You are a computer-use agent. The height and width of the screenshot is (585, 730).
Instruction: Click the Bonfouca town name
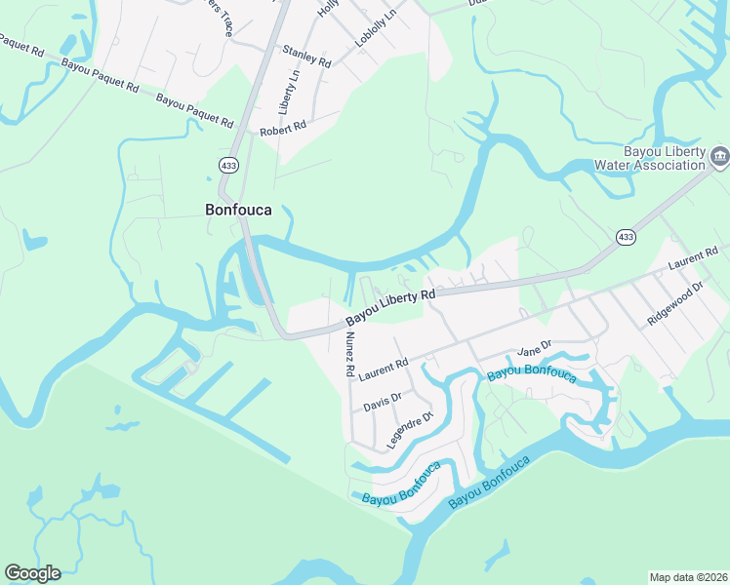[244, 209]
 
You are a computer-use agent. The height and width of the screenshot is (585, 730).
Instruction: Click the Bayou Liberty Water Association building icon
[719, 155]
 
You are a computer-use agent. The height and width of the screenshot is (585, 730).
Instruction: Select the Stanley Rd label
[306, 56]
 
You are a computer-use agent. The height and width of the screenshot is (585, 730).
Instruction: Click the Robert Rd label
[283, 127]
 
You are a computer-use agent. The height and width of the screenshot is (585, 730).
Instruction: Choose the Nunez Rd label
[346, 350]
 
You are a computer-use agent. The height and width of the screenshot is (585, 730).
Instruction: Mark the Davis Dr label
[382, 402]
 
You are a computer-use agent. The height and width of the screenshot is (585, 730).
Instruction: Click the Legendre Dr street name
[408, 430]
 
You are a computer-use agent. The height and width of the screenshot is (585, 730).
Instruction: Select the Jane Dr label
[535, 348]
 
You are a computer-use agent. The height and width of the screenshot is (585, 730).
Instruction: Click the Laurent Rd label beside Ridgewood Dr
[694, 258]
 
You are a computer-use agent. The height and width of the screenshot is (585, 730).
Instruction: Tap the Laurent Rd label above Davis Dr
[383, 369]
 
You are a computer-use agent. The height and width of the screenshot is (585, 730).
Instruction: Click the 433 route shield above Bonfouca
[228, 166]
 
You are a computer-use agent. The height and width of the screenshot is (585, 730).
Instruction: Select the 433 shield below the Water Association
[626, 237]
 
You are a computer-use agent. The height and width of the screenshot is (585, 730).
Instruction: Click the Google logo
[32, 572]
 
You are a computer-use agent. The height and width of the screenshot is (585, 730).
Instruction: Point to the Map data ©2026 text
[688, 577]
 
